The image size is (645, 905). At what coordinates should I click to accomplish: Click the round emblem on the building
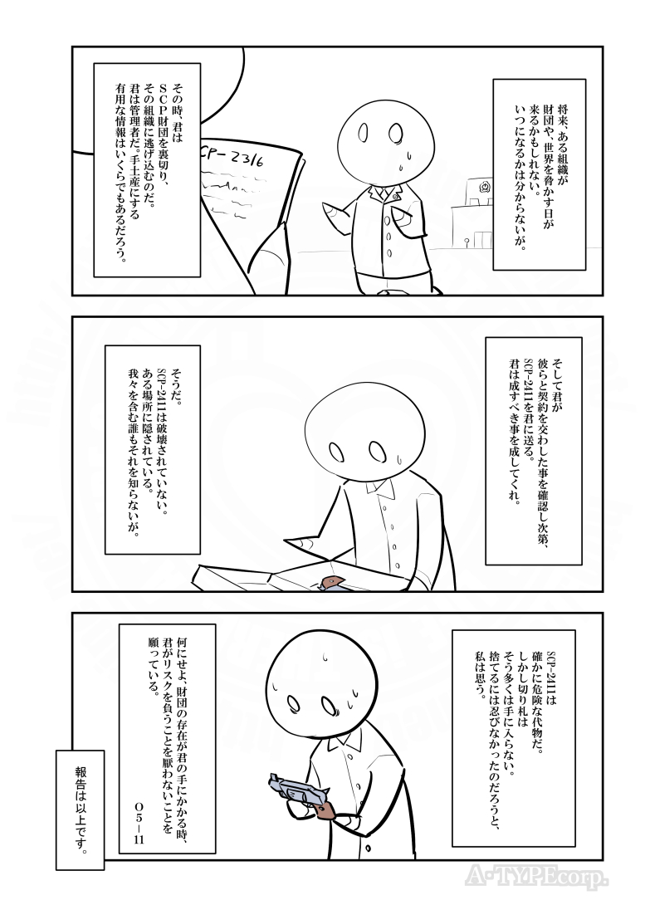(482, 189)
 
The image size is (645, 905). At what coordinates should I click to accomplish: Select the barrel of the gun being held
(286, 785)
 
